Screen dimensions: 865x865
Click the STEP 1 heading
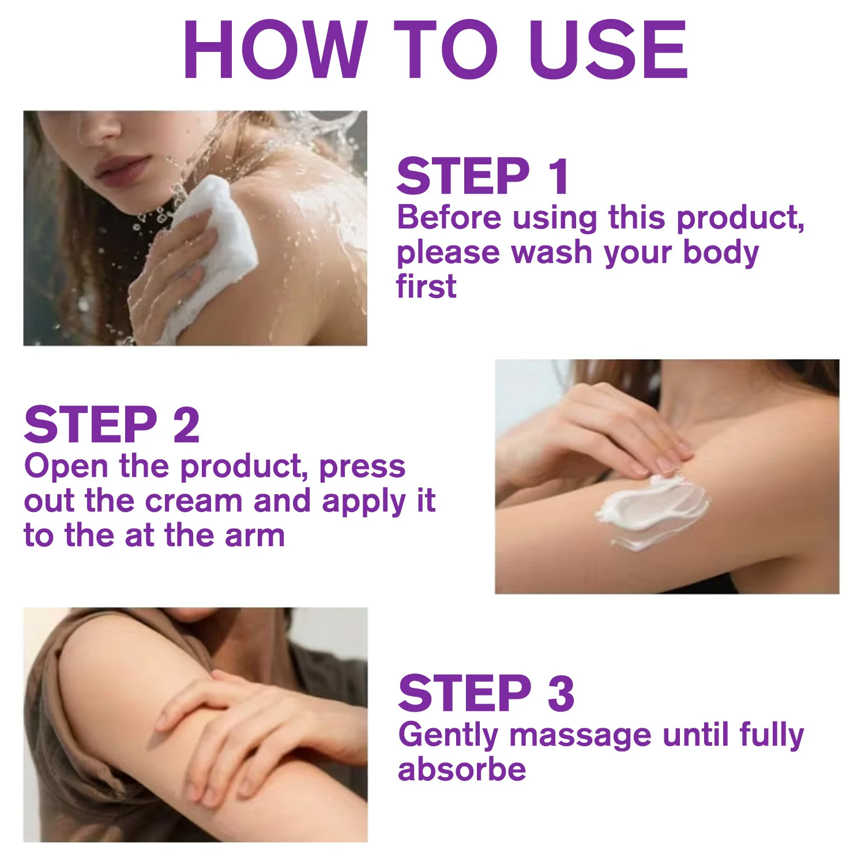tap(483, 176)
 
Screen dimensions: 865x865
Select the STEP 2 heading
tap(112, 424)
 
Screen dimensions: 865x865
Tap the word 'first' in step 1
tap(426, 286)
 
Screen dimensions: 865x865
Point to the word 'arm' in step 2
tap(255, 535)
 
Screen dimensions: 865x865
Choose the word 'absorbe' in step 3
tap(462, 769)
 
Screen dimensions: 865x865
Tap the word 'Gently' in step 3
tap(448, 736)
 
